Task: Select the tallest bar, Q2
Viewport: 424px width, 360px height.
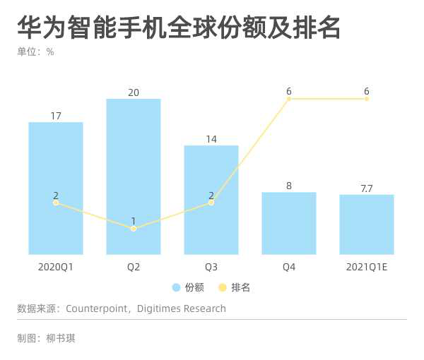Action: coord(134,176)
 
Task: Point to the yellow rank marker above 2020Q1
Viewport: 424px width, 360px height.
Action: coord(56,203)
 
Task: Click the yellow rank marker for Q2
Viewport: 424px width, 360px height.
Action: coord(134,229)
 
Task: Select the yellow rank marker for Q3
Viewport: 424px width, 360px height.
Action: coord(211,203)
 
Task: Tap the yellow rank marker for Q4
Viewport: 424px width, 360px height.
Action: coord(289,99)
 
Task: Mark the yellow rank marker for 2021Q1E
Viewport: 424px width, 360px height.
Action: coord(367,99)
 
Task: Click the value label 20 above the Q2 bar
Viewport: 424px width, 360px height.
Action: coord(134,92)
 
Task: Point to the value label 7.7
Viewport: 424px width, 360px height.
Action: coord(367,187)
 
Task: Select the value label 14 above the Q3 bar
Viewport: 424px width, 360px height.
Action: coord(211,138)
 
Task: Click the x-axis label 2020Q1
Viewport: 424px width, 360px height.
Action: coord(56,268)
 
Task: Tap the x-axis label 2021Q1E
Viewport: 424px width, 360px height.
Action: coord(367,268)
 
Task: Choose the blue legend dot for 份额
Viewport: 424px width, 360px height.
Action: coord(176,287)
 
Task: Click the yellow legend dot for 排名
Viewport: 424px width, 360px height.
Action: coord(222,287)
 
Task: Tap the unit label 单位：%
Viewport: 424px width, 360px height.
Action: coord(35,52)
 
